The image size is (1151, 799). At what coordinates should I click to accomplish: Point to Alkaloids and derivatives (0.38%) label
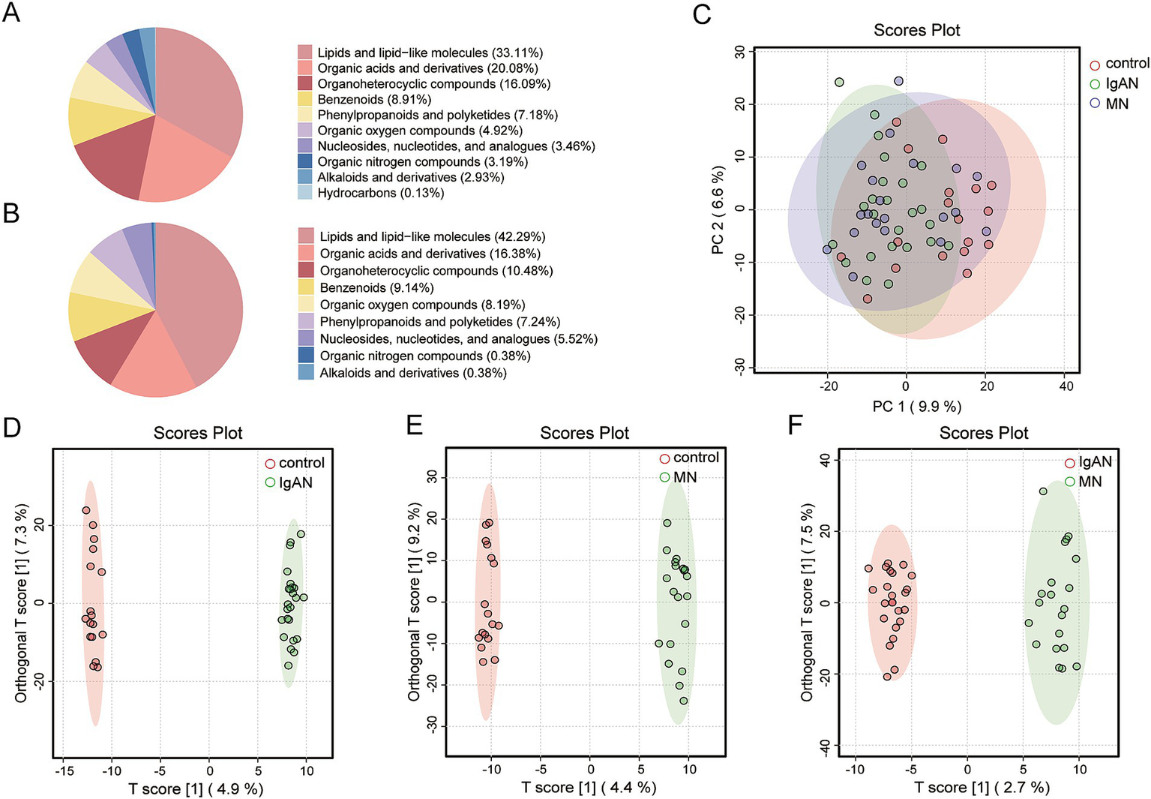pos(412,373)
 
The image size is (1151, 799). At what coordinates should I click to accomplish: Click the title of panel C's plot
pos(916,30)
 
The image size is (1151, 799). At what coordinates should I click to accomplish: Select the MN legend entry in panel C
pos(1116,104)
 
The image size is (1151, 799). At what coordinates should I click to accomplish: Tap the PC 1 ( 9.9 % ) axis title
pos(916,406)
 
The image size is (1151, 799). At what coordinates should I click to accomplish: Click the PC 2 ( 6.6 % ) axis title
pos(718,210)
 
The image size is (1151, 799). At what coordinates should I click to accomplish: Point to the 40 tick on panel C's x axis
pos(1066,386)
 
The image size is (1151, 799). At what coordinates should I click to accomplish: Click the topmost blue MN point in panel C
pos(898,81)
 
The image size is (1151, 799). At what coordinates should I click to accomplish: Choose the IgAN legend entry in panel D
pos(295,482)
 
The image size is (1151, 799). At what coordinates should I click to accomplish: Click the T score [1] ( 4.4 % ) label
pos(589,787)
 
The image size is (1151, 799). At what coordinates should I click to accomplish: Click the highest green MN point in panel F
pos(1043,491)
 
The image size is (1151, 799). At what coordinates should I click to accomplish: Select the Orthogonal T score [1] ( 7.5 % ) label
pos(807,602)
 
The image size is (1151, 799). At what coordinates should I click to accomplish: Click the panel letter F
pos(796,425)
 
